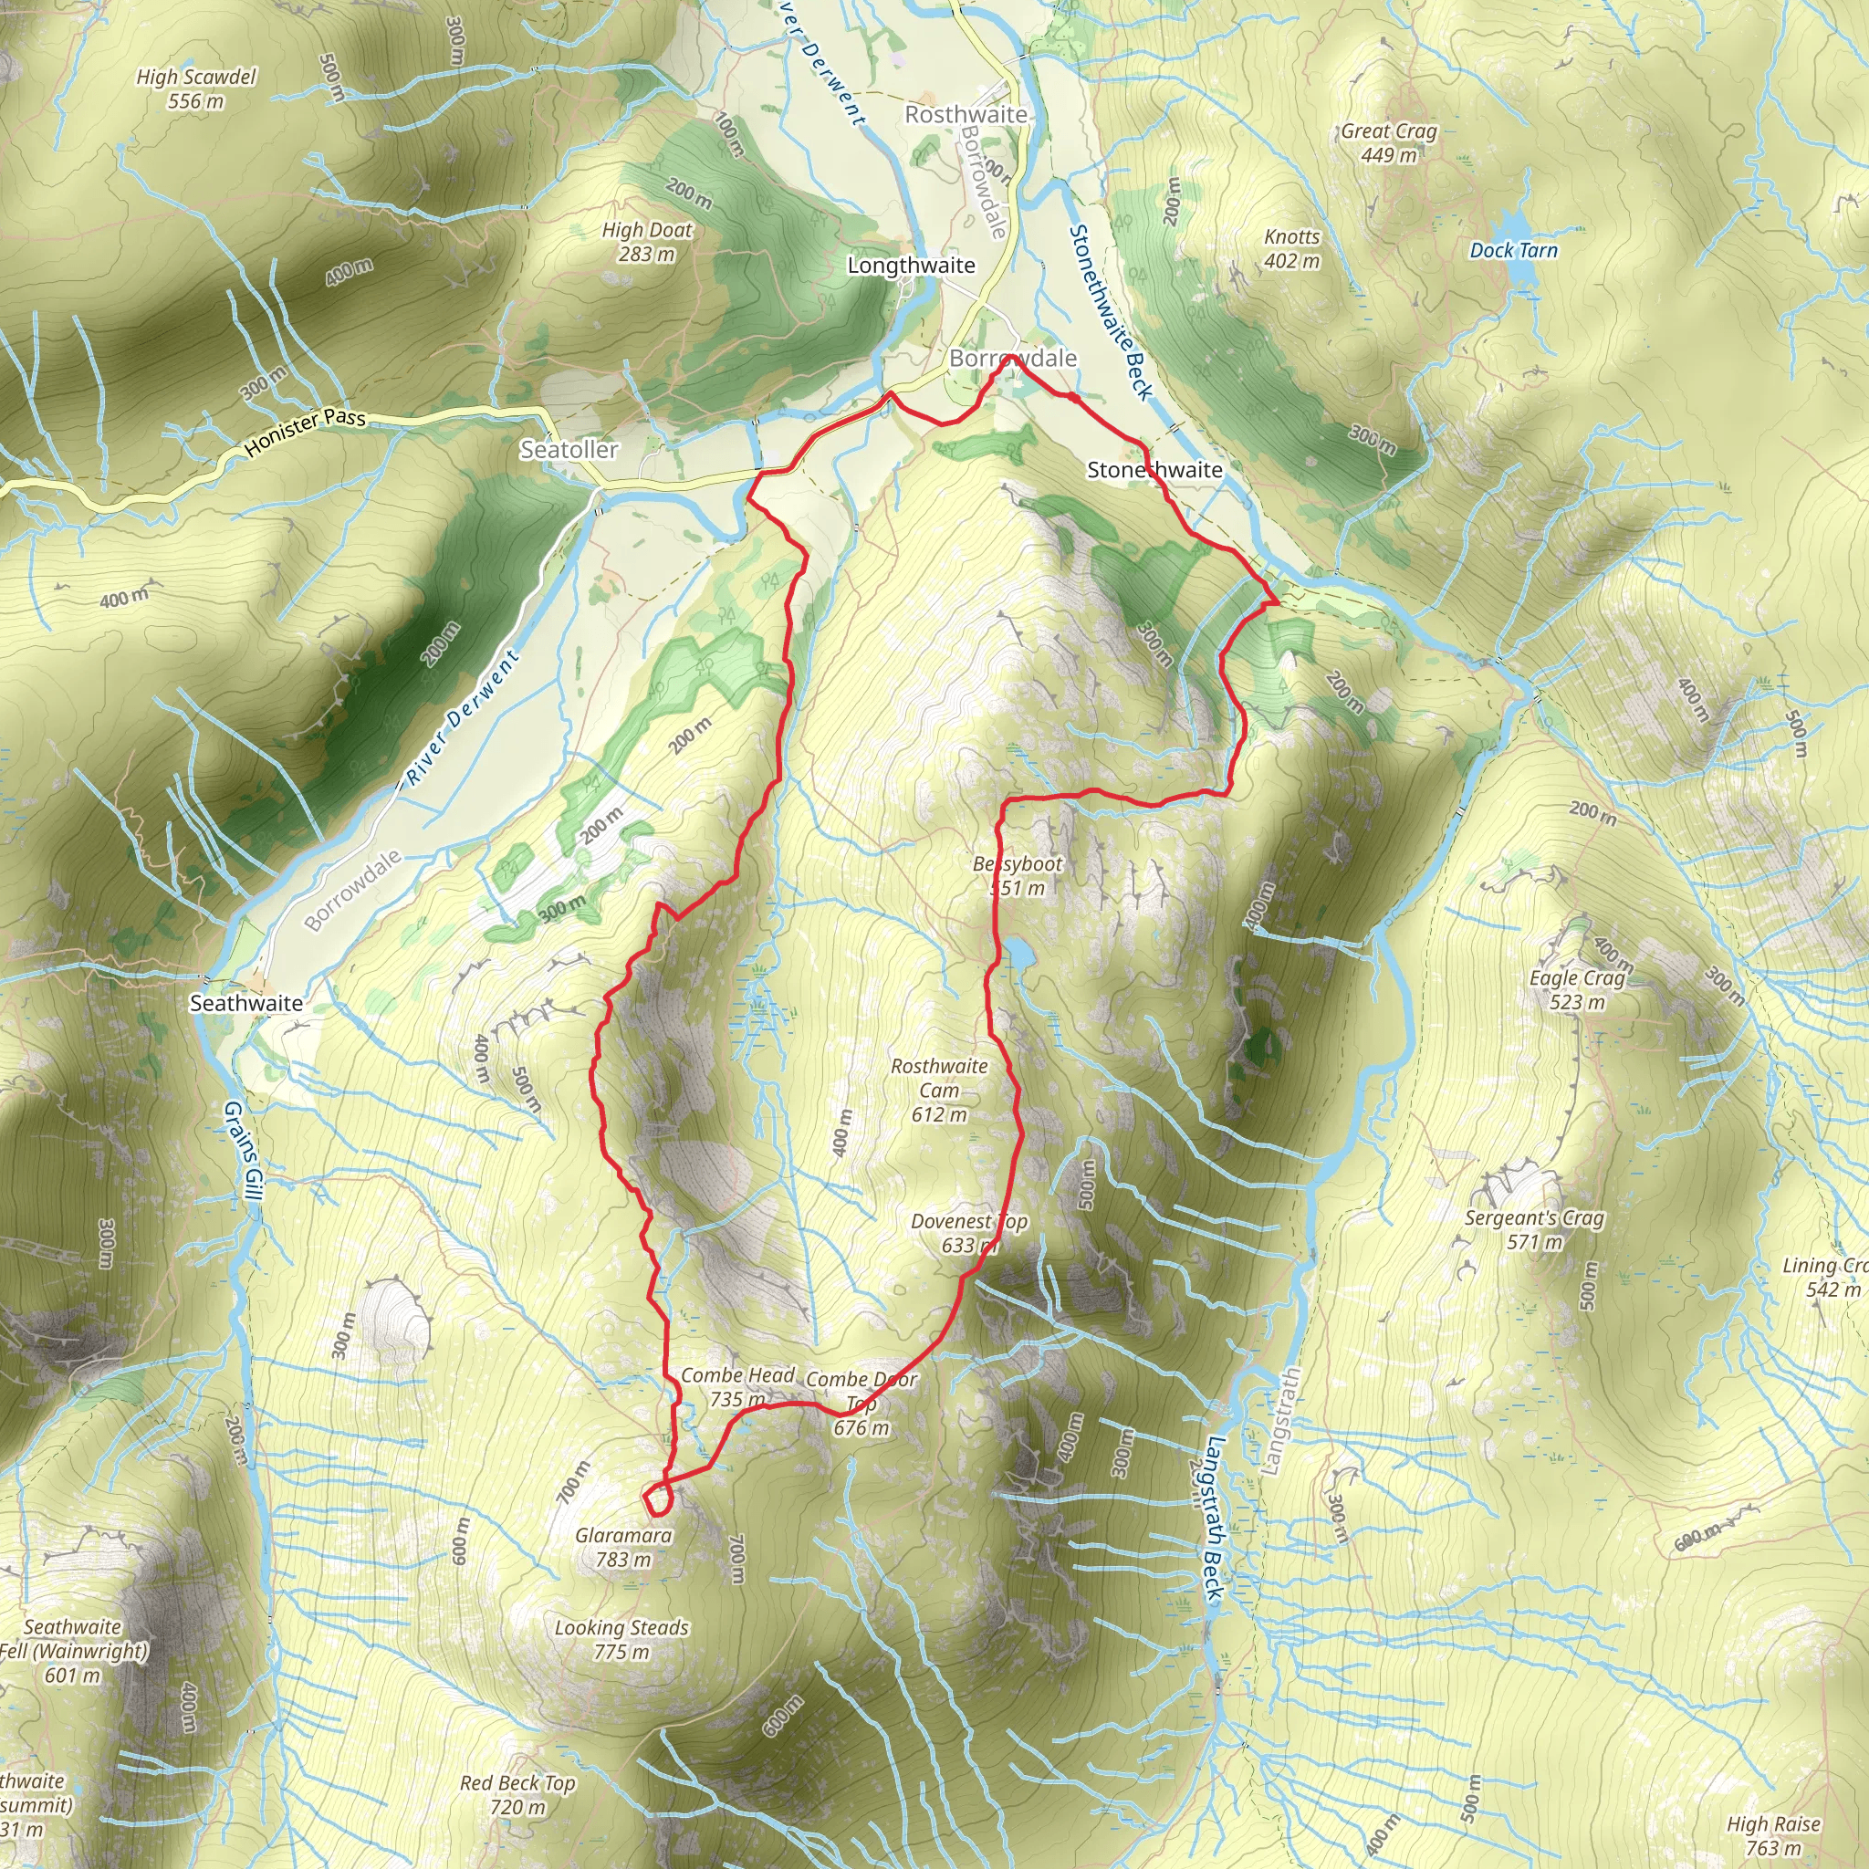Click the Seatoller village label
coord(569,450)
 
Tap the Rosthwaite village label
coord(966,114)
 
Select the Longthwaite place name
coord(912,265)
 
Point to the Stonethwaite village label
coord(1154,470)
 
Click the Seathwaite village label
coord(245,1003)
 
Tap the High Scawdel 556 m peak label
coord(196,88)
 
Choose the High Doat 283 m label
coord(647,242)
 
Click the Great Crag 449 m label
coord(1388,142)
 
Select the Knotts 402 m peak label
coord(1291,248)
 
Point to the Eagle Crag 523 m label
coord(1577,989)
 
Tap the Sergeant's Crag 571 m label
coord(1534,1229)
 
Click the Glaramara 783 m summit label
coord(623,1547)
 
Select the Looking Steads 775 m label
coord(621,1640)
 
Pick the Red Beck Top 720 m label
coord(517,1794)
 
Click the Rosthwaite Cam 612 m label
coord(939,1091)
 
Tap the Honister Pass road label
coord(305,432)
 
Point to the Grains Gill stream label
coord(243,1150)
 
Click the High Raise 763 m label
coord(1774,1836)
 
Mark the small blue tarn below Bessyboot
coord(1018,954)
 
